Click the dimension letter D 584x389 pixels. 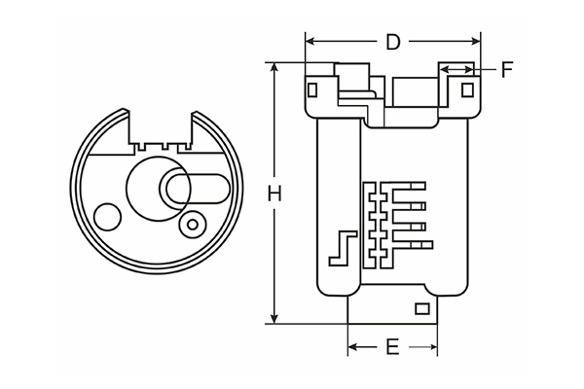point(393,42)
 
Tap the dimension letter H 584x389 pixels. point(275,194)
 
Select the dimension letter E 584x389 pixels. point(392,347)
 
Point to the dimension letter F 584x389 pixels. point(507,69)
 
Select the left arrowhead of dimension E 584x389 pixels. point(353,347)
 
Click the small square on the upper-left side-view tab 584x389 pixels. point(311,90)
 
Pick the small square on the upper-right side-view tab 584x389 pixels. point(467,90)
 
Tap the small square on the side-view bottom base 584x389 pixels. point(422,309)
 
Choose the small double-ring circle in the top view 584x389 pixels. point(193,226)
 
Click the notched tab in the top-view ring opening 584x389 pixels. point(160,141)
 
